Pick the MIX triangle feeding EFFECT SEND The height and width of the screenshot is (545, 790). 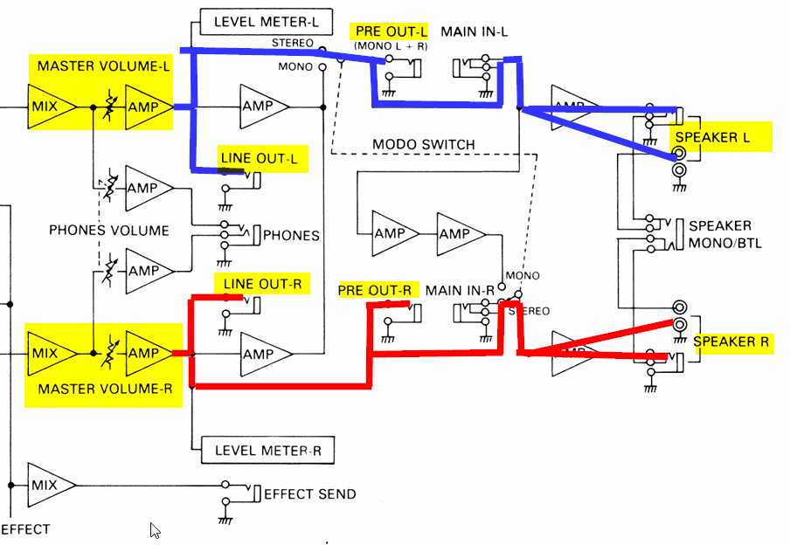tap(46, 484)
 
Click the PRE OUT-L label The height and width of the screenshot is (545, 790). tap(390, 32)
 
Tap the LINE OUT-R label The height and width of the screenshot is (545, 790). tap(262, 284)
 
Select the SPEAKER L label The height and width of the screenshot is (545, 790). tap(713, 138)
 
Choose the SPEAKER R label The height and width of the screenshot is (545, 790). tap(731, 341)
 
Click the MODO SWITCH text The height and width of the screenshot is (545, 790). tap(424, 144)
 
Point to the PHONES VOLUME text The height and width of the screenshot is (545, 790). tap(108, 231)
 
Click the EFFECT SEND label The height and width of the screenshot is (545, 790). tap(309, 494)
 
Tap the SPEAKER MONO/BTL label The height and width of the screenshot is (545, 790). tap(724, 234)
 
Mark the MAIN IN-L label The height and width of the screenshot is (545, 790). tap(474, 32)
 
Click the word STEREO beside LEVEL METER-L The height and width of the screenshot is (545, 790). tap(293, 42)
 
